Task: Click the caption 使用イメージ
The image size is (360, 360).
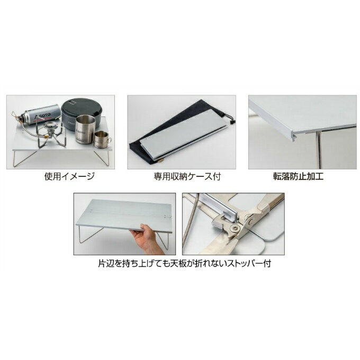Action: (x=69, y=176)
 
